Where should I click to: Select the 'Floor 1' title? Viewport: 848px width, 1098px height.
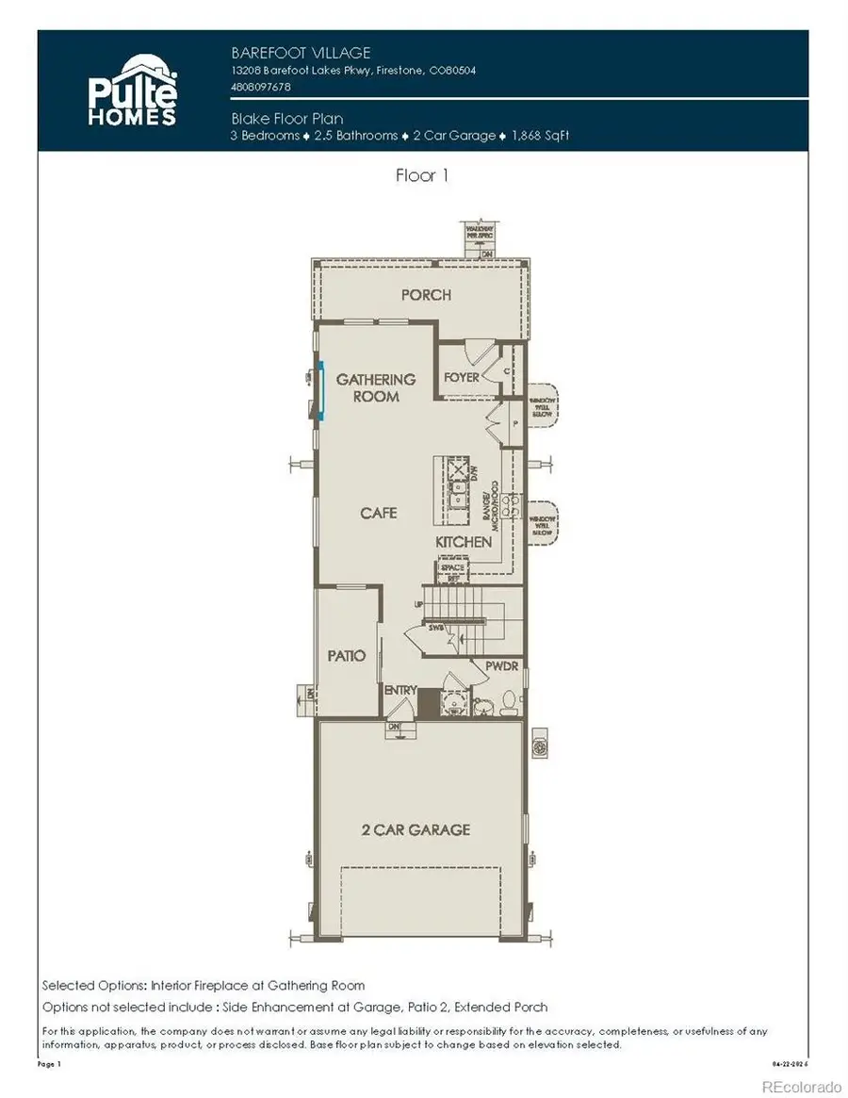point(422,176)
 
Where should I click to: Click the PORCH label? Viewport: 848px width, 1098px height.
point(426,295)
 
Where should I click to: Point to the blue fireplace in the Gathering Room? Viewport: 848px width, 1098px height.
point(320,389)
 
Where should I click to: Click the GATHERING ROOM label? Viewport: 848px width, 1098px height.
point(375,387)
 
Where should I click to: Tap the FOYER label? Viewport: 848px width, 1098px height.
point(462,377)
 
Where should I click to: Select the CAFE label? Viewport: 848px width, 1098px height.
point(378,513)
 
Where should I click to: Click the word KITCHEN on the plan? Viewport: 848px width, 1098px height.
point(464,542)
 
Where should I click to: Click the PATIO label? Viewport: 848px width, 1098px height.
point(347,655)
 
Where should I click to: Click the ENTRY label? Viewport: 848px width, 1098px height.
point(400,691)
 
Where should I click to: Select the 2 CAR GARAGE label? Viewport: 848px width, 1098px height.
point(416,829)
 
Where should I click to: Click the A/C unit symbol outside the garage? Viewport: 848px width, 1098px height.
point(541,746)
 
